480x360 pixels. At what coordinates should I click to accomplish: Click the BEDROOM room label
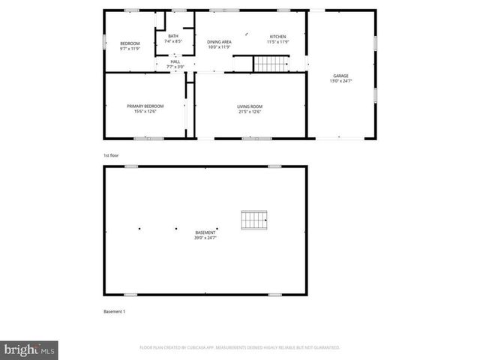130,43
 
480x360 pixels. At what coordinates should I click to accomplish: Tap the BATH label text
173,36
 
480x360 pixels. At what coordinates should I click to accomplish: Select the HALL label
175,61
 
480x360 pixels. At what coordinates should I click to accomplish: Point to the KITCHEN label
277,36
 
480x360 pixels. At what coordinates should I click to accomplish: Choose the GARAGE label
340,75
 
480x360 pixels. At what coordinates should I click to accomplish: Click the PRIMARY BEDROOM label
145,106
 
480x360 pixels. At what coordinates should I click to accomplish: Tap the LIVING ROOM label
250,106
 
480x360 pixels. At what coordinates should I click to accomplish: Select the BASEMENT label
205,232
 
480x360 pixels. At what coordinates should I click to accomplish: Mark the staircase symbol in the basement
253,220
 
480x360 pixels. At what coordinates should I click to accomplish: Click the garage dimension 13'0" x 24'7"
340,81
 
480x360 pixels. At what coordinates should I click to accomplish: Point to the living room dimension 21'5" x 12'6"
250,112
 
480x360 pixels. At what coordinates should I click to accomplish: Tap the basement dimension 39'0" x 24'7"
205,238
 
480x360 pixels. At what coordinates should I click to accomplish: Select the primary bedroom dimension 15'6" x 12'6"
145,112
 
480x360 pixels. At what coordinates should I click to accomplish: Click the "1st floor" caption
111,155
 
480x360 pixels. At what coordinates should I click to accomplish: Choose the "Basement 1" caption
114,311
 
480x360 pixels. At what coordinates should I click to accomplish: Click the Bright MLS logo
30,349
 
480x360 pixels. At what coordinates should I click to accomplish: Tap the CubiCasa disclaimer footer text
240,348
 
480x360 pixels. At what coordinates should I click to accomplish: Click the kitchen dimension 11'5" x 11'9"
277,42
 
